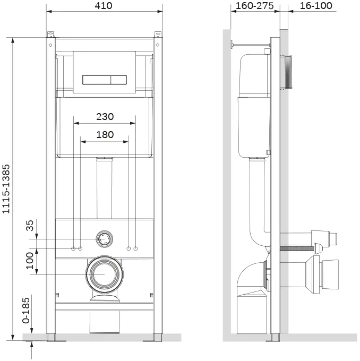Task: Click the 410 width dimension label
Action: pyautogui.click(x=104, y=5)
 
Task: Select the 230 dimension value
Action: pyautogui.click(x=105, y=116)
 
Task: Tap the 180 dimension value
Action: pyautogui.click(x=105, y=135)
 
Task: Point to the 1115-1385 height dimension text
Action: pyautogui.click(x=6, y=189)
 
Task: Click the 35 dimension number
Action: pyautogui.click(x=30, y=226)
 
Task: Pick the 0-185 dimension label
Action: pyautogui.click(x=26, y=311)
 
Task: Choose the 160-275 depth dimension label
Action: pyautogui.click(x=254, y=6)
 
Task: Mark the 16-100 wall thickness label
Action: pyautogui.click(x=316, y=6)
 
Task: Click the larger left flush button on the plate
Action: pyautogui.click(x=97, y=80)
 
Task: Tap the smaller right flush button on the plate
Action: pyautogui.click(x=118, y=80)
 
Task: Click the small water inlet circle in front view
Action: pyautogui.click(x=105, y=239)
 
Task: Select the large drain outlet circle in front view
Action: pyautogui.click(x=105, y=274)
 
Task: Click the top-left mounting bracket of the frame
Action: pyautogui.click(x=50, y=35)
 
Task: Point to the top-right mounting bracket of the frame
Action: pyautogui.click(x=158, y=35)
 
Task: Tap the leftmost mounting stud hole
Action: pyautogui.click(x=73, y=248)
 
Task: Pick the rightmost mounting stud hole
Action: pyautogui.click(x=135, y=248)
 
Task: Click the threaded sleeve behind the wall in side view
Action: pyautogui.click(x=286, y=72)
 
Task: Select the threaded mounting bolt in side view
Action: pyautogui.click(x=297, y=248)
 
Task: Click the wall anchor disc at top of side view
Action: pyautogui.click(x=232, y=45)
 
